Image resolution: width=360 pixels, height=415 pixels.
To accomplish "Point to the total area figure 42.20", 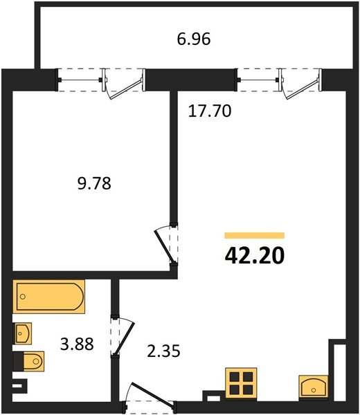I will tap(254, 255).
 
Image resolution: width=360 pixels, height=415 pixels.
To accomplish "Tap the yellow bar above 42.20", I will tap(254, 236).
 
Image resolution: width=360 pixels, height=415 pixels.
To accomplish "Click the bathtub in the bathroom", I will tap(48, 297).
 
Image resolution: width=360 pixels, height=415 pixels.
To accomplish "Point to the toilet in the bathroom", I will tap(30, 361).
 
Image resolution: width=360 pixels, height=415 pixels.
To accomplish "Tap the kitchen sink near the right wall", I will tap(314, 388).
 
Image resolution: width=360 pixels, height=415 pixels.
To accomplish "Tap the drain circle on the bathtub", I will tap(24, 297).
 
